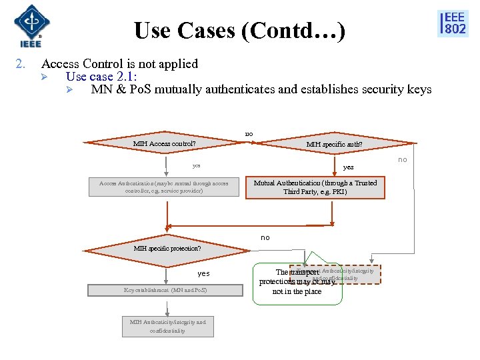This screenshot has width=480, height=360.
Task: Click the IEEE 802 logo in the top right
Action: pos(453,23)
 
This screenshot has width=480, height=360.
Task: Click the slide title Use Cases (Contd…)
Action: pos(239,31)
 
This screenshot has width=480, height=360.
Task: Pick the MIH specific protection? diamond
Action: pos(167,249)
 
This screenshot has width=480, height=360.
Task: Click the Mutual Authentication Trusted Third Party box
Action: pos(315,187)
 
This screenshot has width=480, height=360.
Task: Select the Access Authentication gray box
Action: pos(164,187)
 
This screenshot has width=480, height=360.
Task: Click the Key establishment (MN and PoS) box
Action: pos(165,290)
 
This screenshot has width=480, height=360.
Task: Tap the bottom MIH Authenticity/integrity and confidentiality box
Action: pos(168,326)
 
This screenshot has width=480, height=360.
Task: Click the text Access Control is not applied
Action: pos(119,64)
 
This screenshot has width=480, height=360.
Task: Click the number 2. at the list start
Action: pos(20,64)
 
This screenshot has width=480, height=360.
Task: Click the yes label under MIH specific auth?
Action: pos(348,167)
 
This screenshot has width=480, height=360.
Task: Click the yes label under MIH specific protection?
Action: pos(203,273)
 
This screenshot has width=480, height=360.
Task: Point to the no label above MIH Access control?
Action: pos(249,134)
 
